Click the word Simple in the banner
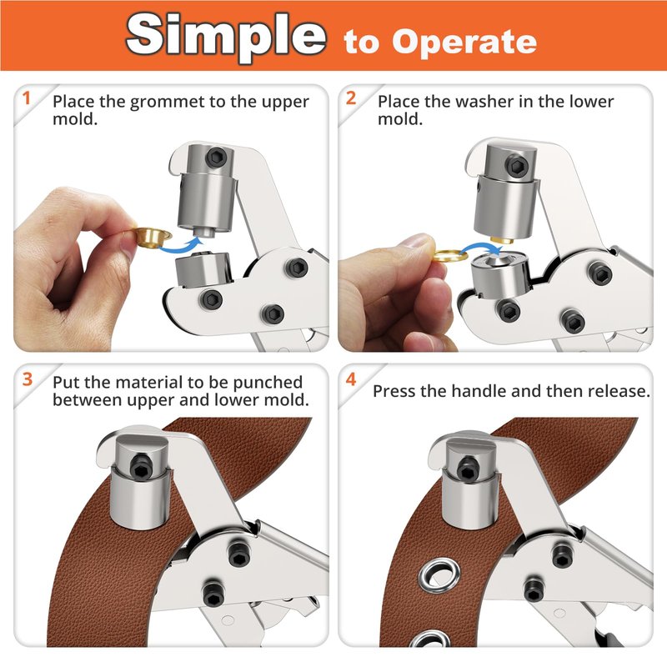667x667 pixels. click(x=226, y=36)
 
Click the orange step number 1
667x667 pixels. click(x=27, y=98)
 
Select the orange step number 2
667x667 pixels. click(x=351, y=98)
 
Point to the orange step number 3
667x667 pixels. click(x=28, y=379)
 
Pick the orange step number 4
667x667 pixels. click(x=351, y=379)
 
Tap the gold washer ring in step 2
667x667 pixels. click(x=450, y=256)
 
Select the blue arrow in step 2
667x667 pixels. click(x=481, y=248)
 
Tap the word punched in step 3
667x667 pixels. click(x=268, y=383)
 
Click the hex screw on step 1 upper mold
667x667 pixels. click(x=216, y=158)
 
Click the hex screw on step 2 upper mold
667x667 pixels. click(x=517, y=164)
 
